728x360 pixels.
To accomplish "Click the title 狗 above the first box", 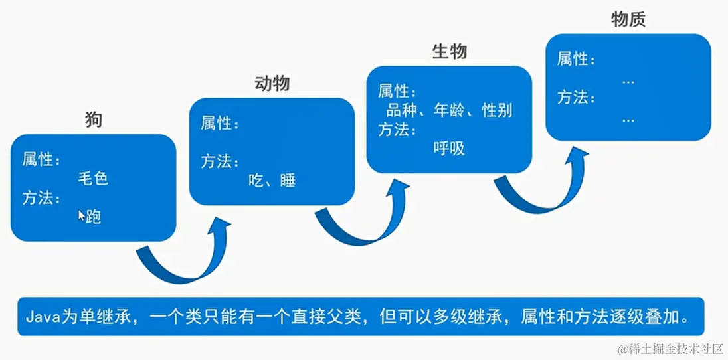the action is click(x=94, y=120).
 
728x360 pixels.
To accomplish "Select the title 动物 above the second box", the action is click(x=272, y=84).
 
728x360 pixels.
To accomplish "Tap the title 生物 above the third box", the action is click(x=449, y=52).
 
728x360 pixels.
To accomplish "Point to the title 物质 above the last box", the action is click(x=628, y=20).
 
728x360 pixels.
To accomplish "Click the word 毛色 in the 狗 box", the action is click(x=93, y=179).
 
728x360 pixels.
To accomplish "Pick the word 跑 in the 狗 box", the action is click(x=94, y=217).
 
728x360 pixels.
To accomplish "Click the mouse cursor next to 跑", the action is click(x=81, y=215).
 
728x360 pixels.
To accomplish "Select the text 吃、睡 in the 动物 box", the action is click(x=272, y=181).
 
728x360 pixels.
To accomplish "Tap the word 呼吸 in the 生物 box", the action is click(x=449, y=149).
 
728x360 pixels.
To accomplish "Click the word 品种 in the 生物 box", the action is click(x=401, y=110).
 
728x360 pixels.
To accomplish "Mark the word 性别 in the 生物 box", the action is click(x=498, y=110).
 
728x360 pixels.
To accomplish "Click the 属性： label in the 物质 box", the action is click(x=576, y=59).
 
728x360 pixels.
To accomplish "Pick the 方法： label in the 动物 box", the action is click(x=220, y=162).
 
